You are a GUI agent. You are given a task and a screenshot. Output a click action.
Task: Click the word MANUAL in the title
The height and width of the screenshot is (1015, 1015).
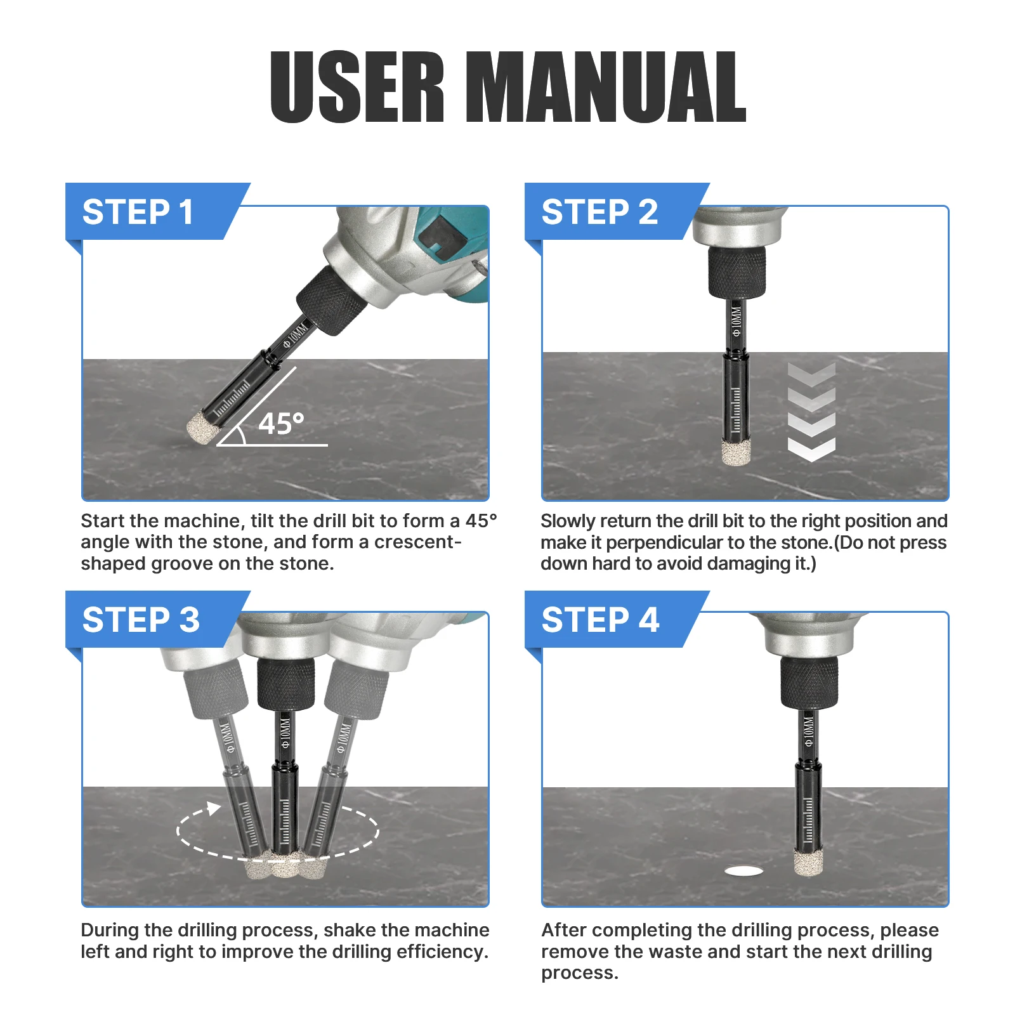pos(606,87)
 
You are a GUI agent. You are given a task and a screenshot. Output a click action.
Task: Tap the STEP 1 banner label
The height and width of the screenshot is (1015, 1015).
pos(138,212)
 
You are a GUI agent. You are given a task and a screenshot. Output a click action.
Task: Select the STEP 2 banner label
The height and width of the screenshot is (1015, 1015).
pos(599,212)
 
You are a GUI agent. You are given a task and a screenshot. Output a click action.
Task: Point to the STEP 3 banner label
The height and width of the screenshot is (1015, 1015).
pos(141,620)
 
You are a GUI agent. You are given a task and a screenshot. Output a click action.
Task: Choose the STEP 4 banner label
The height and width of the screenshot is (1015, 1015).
pos(600,620)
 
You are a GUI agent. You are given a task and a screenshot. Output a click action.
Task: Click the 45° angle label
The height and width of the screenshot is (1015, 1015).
pos(281,424)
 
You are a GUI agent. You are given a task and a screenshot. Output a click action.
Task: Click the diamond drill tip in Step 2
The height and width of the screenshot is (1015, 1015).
pos(737,452)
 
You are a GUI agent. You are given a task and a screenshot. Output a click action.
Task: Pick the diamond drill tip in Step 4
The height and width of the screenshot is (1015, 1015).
pos(808,863)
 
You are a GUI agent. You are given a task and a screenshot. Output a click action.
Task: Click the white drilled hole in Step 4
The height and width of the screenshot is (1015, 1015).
pos(743,872)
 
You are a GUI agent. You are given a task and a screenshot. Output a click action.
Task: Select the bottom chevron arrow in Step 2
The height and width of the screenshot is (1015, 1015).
pos(811,450)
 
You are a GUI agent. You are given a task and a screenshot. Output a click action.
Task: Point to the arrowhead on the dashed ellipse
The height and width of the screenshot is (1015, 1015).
pos(214,808)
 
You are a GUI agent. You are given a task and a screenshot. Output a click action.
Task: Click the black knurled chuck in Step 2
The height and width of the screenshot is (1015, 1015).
pos(737,272)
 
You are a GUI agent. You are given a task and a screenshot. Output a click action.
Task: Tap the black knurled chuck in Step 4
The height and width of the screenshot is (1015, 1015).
pos(809,682)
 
